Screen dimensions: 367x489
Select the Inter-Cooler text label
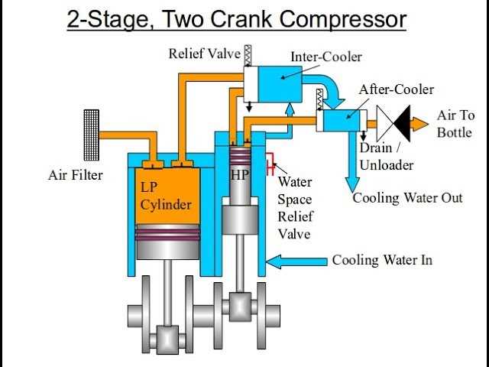point(326,57)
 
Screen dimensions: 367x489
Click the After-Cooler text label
point(396,90)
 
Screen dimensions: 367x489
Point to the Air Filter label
point(75,176)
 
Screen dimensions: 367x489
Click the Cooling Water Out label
point(407,198)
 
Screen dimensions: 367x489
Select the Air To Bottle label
point(455,123)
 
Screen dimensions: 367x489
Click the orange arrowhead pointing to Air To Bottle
point(420,122)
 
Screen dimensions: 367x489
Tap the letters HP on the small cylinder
point(240,175)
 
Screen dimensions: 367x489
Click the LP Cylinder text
point(166,196)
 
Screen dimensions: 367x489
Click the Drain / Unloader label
point(386,157)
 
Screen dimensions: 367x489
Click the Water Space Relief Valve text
point(294,208)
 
